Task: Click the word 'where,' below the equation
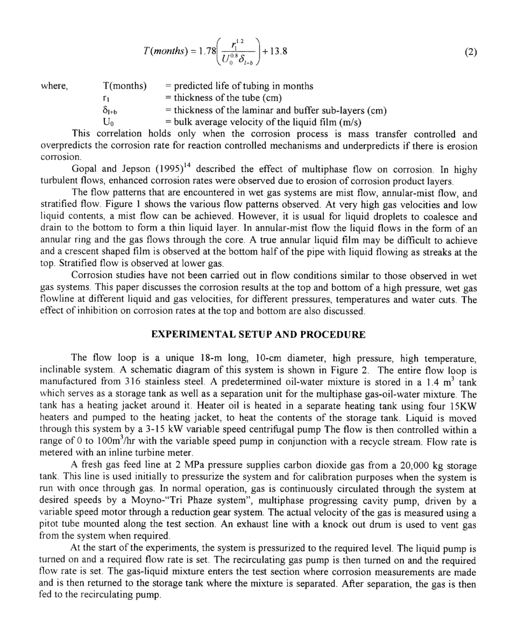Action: click(x=53, y=87)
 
